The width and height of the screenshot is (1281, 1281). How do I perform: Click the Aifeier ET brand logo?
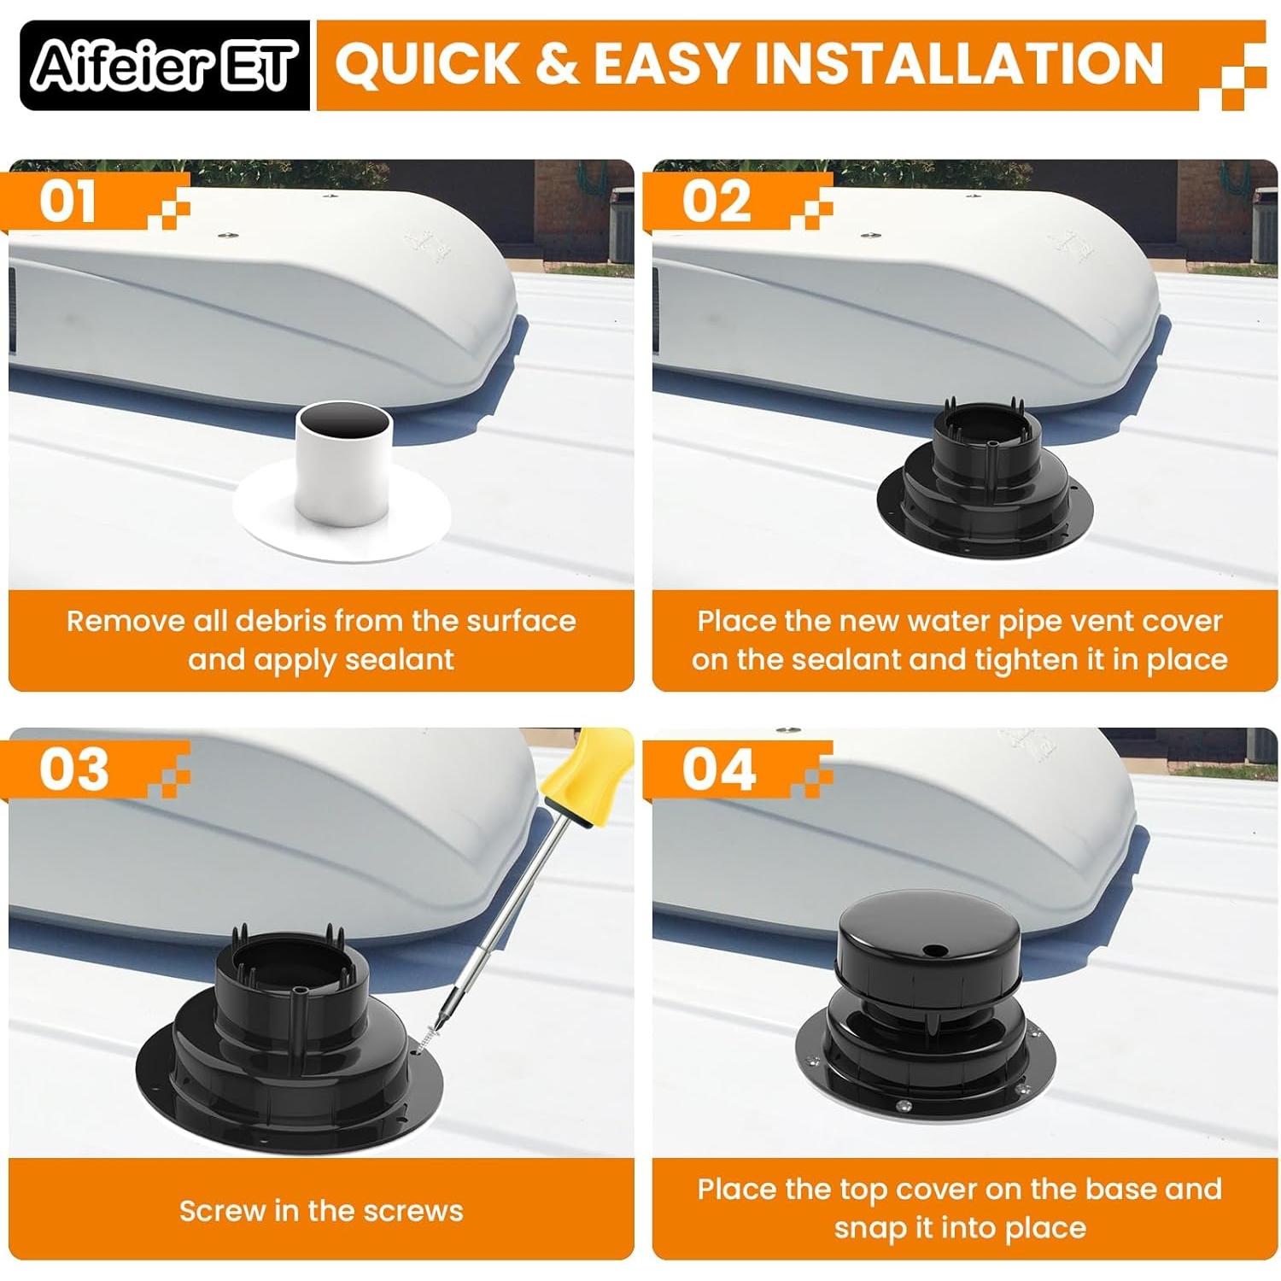pos(165,66)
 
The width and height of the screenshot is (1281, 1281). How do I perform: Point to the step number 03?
pos(73,769)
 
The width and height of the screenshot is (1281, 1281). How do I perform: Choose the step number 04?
pos(718,769)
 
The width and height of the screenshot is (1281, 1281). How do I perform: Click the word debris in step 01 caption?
pos(282,621)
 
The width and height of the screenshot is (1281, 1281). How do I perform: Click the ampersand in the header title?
pos(557,63)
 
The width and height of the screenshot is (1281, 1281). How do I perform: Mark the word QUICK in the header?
pos(428,63)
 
